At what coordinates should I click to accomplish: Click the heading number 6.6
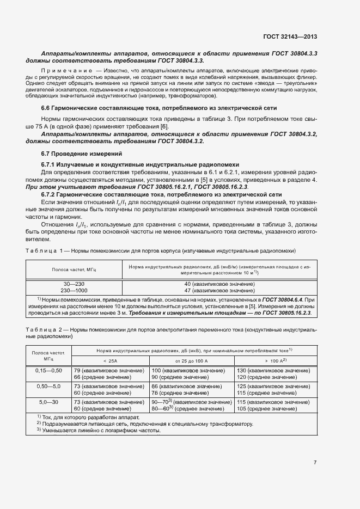click(46, 109)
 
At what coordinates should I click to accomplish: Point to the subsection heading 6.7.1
click(51, 164)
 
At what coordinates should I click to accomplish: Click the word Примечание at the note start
click(68, 71)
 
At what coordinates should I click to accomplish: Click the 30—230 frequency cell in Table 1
click(74, 284)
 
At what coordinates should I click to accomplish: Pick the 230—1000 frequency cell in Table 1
click(74, 291)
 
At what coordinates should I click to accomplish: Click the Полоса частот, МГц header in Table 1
click(74, 269)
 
